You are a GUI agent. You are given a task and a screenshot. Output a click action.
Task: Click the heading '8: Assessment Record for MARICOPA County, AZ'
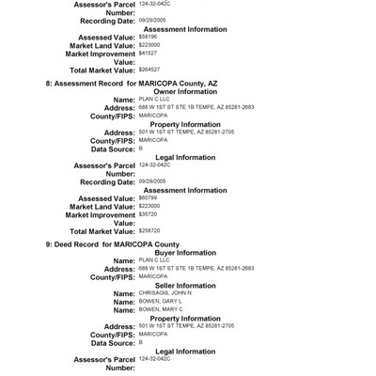pos(132,85)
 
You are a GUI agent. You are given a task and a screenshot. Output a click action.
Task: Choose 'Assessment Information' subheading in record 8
pos(194,189)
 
